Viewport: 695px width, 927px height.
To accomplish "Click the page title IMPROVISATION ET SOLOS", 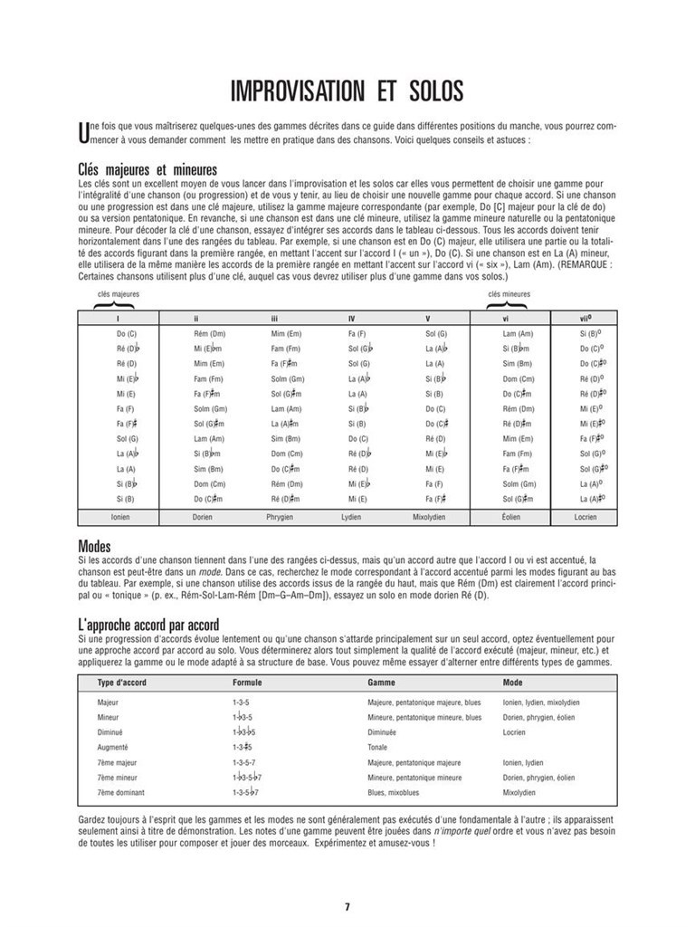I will (347, 91).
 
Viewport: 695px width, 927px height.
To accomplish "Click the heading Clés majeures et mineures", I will (148, 170).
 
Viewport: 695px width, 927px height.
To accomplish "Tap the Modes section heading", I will (95, 547).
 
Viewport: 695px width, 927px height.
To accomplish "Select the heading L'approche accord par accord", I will (148, 625).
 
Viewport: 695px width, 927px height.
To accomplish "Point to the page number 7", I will (347, 906).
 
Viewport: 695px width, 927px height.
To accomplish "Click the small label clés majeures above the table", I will (119, 294).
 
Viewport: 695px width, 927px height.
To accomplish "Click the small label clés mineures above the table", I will (509, 294).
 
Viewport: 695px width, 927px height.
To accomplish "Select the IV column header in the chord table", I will (352, 318).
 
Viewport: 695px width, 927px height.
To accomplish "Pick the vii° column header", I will (586, 318).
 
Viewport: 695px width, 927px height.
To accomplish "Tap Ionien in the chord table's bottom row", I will (120, 517).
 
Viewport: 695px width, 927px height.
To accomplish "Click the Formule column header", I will (247, 682).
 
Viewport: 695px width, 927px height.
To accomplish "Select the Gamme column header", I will (382, 682).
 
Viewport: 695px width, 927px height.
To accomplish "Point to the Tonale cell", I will (378, 747).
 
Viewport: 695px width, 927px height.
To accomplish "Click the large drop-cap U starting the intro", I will (85, 133).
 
